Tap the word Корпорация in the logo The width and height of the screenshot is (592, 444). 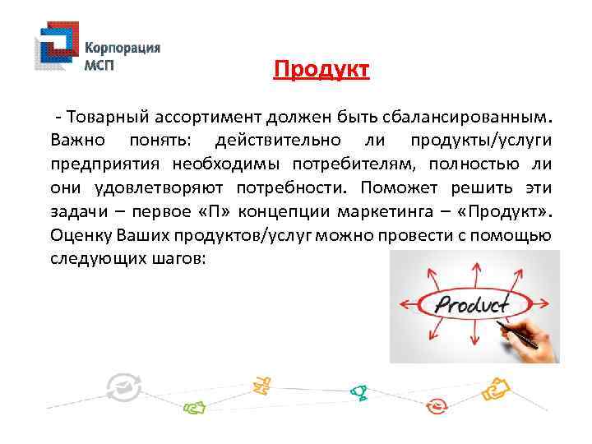(123, 48)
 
